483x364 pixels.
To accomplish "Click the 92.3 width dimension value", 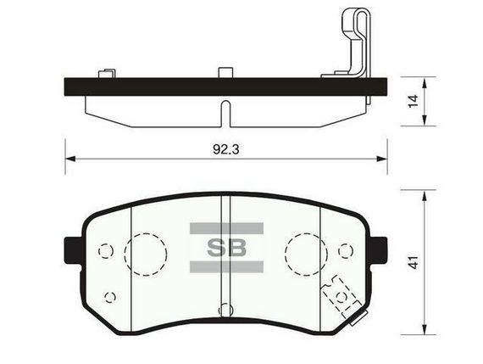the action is pos(225,149).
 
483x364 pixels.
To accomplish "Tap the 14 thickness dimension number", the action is pos(413,101).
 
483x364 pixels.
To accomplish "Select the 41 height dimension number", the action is pos(414,262).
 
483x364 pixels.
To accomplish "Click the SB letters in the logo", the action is pos(226,248).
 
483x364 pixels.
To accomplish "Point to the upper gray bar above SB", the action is pos(226,228).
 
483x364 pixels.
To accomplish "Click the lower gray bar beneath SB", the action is pos(226,266).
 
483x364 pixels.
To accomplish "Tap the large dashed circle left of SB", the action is pos(146,234).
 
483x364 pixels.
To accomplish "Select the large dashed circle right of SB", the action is pos(306,234).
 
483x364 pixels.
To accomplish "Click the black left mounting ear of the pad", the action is pos(71,250).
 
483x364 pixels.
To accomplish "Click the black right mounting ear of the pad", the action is pos(379,250).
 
